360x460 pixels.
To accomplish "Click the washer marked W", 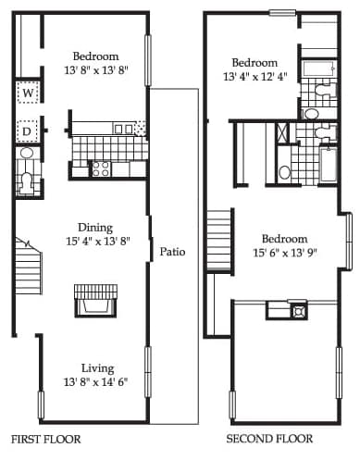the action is click(28, 93).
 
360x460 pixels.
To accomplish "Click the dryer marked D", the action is click(27, 131).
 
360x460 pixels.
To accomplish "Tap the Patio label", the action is click(172, 252).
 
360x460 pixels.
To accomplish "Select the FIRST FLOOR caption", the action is click(46, 439).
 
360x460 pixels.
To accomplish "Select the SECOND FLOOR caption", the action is click(269, 439).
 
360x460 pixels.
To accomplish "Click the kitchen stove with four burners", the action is click(101, 169).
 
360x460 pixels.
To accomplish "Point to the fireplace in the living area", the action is click(96, 301).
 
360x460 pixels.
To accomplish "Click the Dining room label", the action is click(95, 228).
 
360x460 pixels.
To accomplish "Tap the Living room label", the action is click(98, 368).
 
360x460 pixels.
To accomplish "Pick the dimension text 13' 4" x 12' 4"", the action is click(255, 76).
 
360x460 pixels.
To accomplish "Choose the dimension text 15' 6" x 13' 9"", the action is click(285, 253).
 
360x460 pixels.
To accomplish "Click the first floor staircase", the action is click(29, 267).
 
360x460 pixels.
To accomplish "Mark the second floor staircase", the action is click(219, 240).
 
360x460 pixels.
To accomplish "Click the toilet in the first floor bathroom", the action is click(27, 184).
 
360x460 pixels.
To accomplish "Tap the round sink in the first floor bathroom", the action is click(27, 153).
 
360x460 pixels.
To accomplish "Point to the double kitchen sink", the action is click(123, 129).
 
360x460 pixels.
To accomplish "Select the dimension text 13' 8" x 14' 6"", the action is click(95, 382).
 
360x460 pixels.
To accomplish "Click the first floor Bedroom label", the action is click(96, 56).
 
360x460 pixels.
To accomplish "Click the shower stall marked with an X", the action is click(282, 132).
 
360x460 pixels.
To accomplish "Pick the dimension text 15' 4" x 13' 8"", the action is click(98, 241).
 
